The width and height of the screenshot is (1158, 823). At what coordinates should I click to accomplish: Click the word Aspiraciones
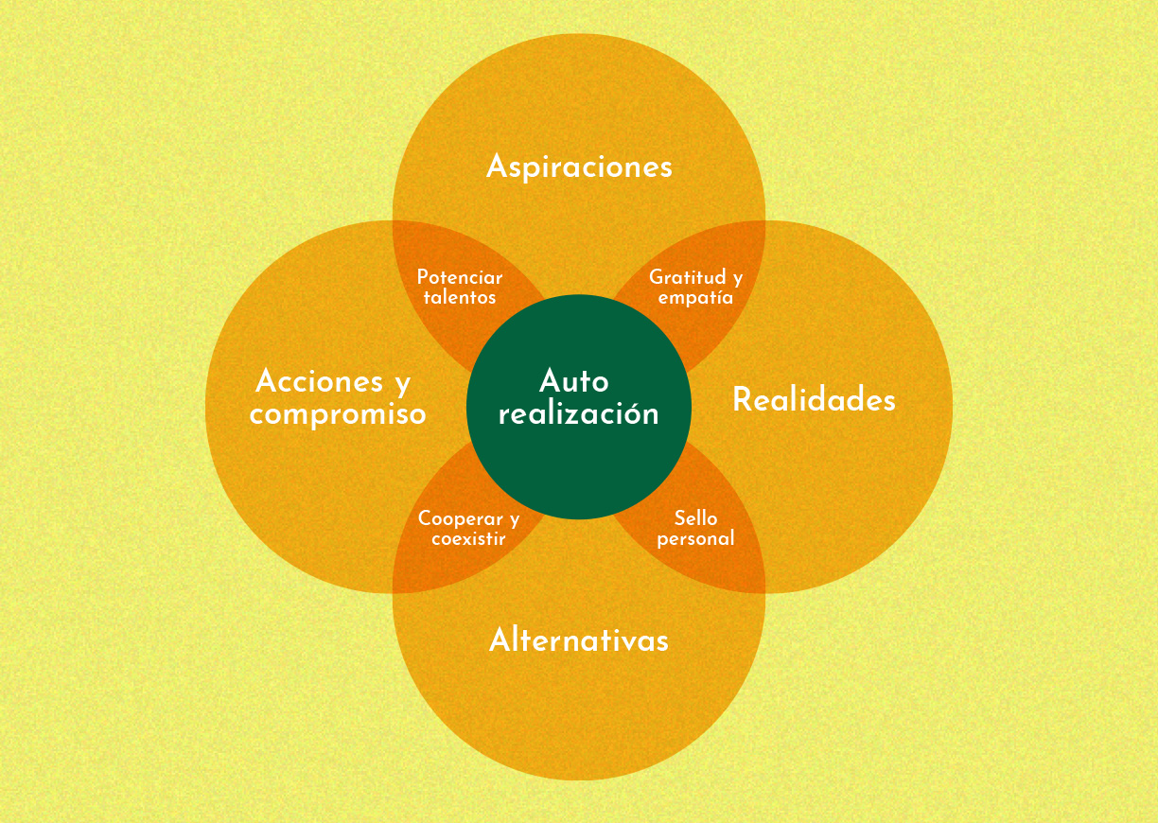(579, 166)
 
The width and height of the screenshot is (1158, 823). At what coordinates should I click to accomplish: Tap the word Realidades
(814, 400)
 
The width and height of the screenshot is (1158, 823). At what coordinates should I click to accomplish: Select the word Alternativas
(579, 640)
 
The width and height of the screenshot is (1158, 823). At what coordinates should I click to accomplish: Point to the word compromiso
(338, 413)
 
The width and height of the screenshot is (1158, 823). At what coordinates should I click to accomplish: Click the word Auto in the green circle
(574, 381)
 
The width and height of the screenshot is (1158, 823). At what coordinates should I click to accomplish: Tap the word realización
(578, 413)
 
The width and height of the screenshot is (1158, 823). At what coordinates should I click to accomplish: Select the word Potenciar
(460, 277)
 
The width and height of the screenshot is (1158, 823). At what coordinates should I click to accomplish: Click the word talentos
(460, 297)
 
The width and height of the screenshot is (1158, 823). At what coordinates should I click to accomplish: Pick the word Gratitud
(687, 277)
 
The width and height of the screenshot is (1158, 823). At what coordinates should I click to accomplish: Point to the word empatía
(695, 297)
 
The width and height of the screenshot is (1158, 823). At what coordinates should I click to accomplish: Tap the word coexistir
(468, 539)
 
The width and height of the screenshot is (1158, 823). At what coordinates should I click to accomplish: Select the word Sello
(695, 518)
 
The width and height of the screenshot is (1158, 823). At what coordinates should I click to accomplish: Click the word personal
(695, 539)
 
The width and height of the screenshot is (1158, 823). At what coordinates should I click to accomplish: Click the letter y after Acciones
(401, 384)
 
